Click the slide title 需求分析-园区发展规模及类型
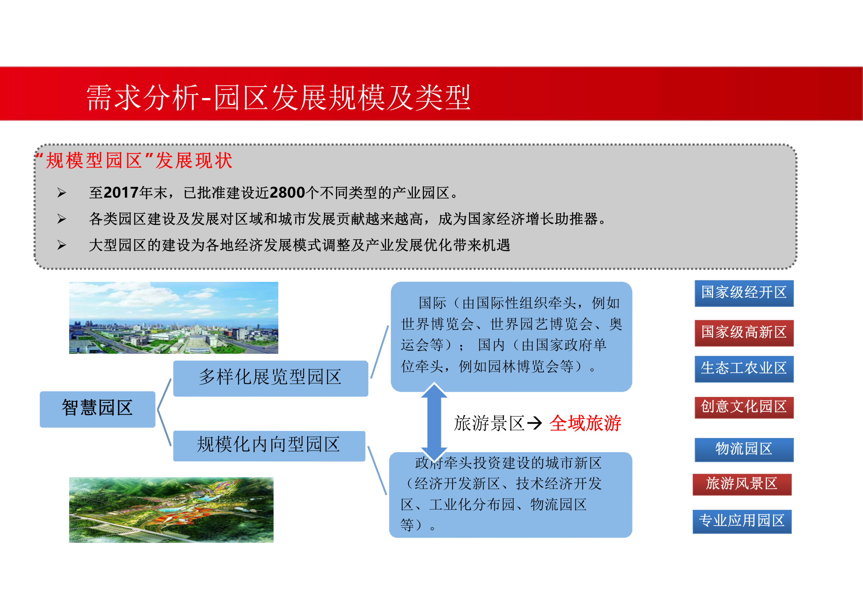point(278,98)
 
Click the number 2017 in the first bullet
point(121,193)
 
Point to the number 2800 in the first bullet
point(287,193)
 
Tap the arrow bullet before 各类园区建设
point(62,219)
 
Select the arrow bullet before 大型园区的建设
point(62,245)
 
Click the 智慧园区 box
point(97,408)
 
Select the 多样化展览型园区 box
point(270,378)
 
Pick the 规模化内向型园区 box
point(269,445)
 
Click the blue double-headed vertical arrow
point(434,422)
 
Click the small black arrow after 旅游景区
point(534,423)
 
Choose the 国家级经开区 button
point(743,293)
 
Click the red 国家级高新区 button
point(743,332)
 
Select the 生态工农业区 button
point(743,368)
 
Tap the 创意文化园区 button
point(743,407)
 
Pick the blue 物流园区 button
point(743,449)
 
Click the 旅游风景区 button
point(742,484)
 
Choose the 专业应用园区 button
point(742,521)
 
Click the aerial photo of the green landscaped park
point(171,509)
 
